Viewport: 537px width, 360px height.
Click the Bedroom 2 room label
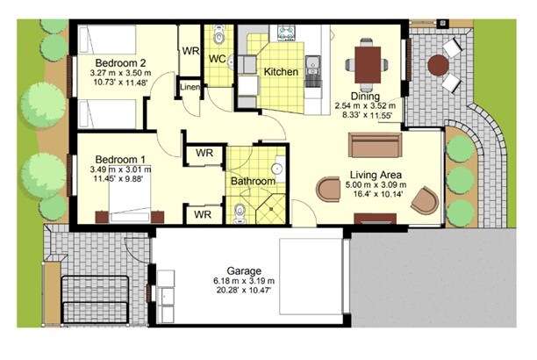point(120,62)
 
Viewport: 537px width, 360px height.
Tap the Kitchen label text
point(281,72)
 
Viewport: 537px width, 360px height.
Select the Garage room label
point(244,270)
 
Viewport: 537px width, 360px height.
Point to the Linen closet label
point(190,87)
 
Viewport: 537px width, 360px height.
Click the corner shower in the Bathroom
point(270,209)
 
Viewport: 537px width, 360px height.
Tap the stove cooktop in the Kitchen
point(286,32)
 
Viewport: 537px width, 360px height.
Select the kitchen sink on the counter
point(312,66)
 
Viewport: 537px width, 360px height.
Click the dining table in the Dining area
point(368,65)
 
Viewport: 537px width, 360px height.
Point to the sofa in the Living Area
point(375,145)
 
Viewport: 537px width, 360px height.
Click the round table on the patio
point(438,65)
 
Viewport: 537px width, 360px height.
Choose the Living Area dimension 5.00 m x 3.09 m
point(376,185)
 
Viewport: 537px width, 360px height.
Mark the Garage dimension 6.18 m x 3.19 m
point(244,281)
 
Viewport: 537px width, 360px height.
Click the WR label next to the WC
point(190,51)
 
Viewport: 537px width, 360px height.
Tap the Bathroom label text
point(253,181)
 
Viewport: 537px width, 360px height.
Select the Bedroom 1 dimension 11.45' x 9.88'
point(118,178)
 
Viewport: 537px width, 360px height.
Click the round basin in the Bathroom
point(277,169)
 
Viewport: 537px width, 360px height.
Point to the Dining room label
point(365,97)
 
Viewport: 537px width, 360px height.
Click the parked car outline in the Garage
point(311,277)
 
